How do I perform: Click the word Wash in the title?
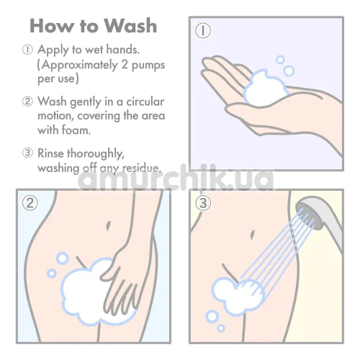pyautogui.click(x=130, y=25)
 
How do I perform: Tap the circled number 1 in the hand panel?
pyautogui.click(x=203, y=31)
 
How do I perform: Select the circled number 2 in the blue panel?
pyautogui.click(x=30, y=203)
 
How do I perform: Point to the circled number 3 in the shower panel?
pyautogui.click(x=203, y=203)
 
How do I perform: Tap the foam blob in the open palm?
pyautogui.click(x=265, y=88)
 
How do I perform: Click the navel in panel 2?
pyautogui.click(x=108, y=226)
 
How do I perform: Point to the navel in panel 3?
pyautogui.click(x=252, y=235)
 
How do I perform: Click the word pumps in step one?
pyautogui.click(x=148, y=65)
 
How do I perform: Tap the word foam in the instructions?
pyautogui.click(x=76, y=130)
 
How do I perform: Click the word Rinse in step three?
pyautogui.click(x=51, y=153)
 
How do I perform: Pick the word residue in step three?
pyautogui.click(x=142, y=168)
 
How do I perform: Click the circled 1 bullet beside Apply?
pyautogui.click(x=27, y=50)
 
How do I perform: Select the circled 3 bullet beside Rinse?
pyautogui.click(x=27, y=153)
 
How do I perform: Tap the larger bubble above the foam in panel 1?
pyautogui.click(x=289, y=71)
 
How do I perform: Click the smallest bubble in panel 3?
pyautogui.click(x=221, y=328)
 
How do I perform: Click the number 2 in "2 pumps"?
pyautogui.click(x=125, y=65)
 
